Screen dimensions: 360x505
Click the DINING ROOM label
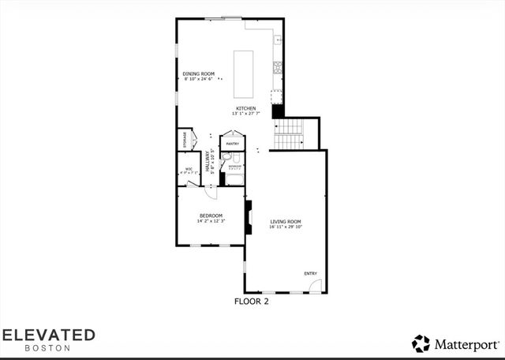tap(199, 73)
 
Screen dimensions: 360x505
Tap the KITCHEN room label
tap(245, 109)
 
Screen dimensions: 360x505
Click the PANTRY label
tap(233, 144)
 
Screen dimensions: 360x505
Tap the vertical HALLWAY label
tap(208, 162)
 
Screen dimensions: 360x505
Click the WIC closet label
tap(189, 169)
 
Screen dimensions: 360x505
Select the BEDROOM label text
tap(211, 216)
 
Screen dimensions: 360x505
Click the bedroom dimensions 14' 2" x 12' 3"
tap(211, 221)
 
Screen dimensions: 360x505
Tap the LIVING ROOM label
tap(286, 221)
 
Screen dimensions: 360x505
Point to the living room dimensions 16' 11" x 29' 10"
tap(286, 227)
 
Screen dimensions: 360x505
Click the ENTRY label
tap(311, 273)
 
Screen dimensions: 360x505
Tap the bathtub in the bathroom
tap(234, 178)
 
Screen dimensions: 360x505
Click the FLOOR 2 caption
tap(252, 301)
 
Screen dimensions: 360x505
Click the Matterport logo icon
tap(421, 343)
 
